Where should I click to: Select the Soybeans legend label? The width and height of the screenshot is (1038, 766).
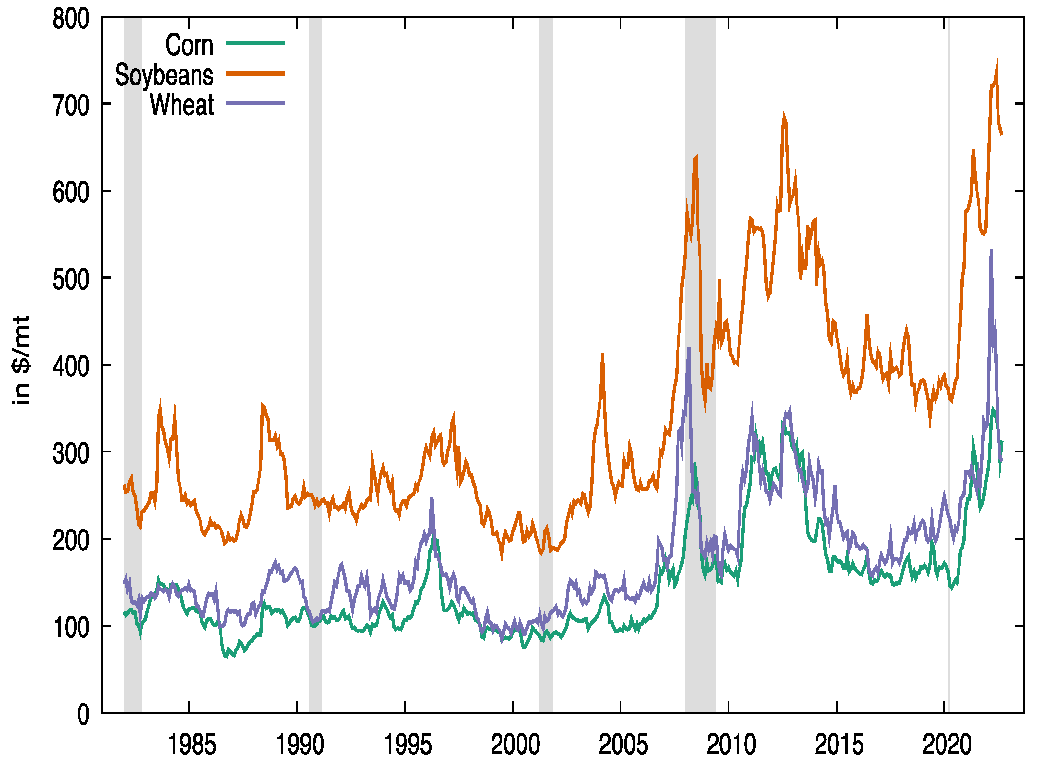coord(164,75)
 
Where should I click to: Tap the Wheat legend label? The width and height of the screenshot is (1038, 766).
coord(181,104)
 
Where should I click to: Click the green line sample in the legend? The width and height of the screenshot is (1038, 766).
coord(255,44)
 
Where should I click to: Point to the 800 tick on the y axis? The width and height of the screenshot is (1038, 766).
coord(71,20)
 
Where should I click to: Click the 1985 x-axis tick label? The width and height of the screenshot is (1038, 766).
coord(191,745)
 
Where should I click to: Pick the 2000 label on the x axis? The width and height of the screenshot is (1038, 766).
coord(515,745)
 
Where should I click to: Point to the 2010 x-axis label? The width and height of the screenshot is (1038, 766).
coord(731,745)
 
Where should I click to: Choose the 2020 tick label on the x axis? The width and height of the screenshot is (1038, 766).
coord(947,745)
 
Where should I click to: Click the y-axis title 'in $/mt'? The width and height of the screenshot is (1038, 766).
coord(21,360)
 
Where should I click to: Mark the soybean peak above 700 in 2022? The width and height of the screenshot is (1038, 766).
coord(997,61)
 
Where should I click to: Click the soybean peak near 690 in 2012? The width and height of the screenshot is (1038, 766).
coord(784,115)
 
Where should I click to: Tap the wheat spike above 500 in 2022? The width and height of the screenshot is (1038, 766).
coord(991,251)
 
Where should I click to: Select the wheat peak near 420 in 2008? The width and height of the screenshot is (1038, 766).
coord(689,349)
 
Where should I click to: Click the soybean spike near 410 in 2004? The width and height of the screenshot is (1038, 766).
coord(603,355)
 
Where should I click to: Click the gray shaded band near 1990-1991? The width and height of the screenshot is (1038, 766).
coord(316,341)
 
